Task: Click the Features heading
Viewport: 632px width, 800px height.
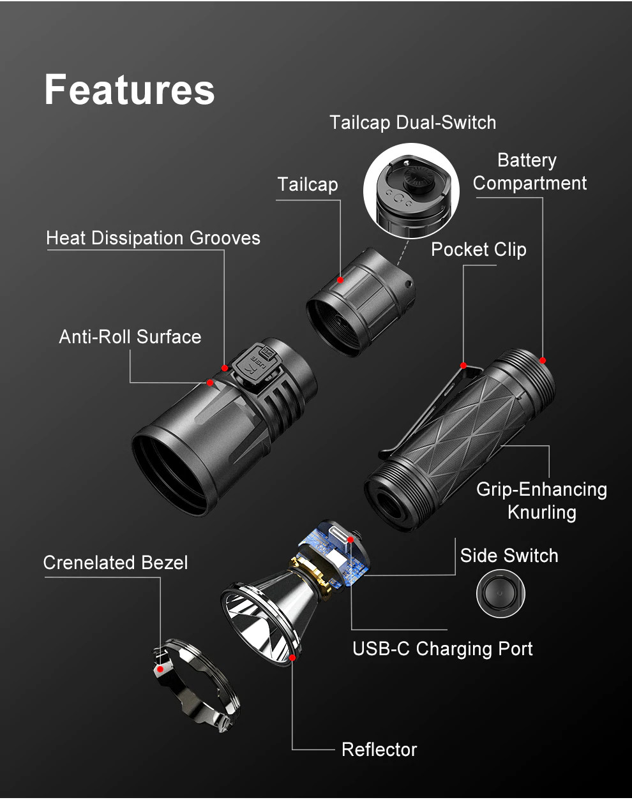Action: point(130,89)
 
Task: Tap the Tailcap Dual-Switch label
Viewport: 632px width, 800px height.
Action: point(412,122)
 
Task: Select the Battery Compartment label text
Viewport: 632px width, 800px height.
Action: point(529,172)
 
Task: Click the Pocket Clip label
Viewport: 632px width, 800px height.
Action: point(478,249)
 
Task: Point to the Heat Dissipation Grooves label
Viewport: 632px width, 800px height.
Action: point(153,238)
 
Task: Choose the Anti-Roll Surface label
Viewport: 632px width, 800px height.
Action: point(130,337)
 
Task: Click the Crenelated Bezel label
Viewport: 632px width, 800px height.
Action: point(116,563)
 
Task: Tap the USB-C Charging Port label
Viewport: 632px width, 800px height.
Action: point(442,649)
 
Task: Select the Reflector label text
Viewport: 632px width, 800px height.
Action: point(379,750)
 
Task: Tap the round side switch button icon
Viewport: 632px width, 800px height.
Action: point(500,594)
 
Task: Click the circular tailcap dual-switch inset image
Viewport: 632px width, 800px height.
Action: point(411,191)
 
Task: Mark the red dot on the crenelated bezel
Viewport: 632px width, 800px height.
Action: point(160,669)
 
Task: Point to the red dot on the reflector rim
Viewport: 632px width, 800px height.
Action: point(292,658)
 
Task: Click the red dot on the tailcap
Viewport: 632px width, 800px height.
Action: point(340,280)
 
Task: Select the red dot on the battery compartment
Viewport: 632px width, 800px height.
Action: point(543,360)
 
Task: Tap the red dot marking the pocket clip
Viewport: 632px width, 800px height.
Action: point(463,366)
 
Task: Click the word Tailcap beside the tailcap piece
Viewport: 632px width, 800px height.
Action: point(308,184)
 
